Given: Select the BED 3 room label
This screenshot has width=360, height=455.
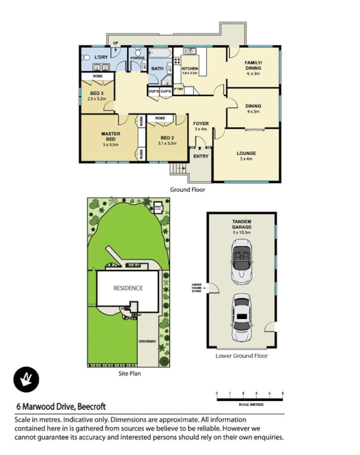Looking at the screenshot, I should [x=96, y=96].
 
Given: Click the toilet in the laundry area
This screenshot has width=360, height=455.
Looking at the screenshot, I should [x=85, y=57].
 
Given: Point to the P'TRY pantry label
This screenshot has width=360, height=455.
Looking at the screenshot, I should [x=179, y=90].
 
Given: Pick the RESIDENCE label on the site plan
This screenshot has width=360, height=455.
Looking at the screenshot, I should [x=128, y=288].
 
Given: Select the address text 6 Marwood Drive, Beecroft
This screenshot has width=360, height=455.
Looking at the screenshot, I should [x=61, y=407].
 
